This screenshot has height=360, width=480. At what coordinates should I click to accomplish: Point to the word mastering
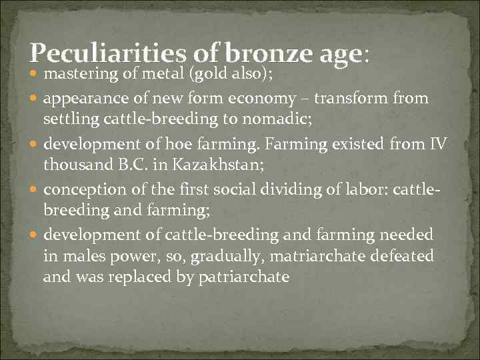(75, 76)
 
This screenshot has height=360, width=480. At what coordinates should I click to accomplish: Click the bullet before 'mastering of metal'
(35, 77)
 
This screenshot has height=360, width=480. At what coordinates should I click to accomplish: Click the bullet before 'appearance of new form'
(35, 100)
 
